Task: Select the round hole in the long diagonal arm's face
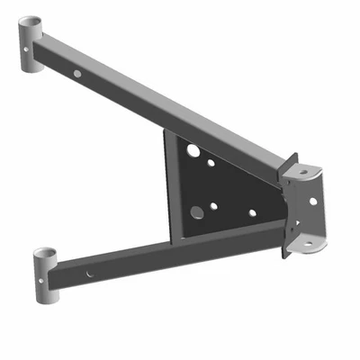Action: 78,73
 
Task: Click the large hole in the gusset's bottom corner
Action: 197,213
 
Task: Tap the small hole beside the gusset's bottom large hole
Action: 214,206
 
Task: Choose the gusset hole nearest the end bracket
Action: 252,213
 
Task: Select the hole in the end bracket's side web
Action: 313,201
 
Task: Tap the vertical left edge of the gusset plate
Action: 166,180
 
